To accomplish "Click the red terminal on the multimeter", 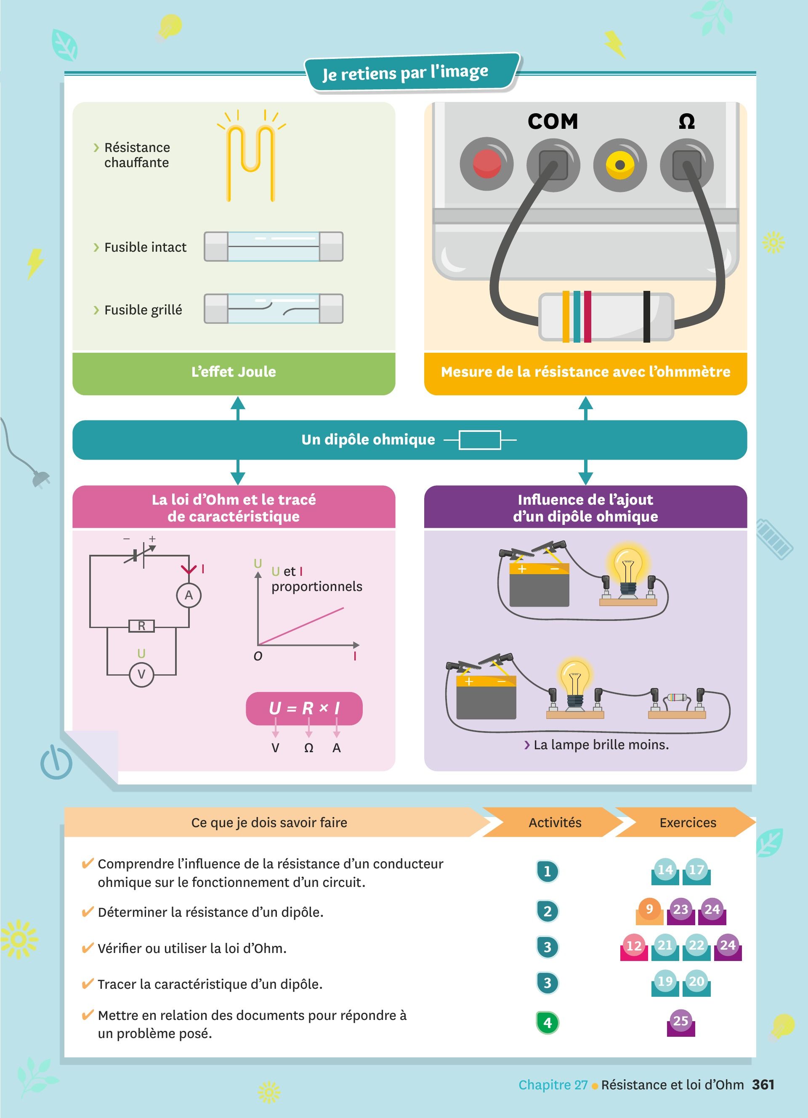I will (x=486, y=164).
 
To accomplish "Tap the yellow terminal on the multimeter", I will (x=620, y=165).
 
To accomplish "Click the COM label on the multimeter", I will (x=553, y=121).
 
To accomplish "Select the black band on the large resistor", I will (x=646, y=317).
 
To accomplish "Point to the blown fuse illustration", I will (x=274, y=309).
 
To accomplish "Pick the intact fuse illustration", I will (x=274, y=247).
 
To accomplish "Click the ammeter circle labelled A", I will (x=189, y=596).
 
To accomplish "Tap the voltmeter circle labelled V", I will (x=141, y=674).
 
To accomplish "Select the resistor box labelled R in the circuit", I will (x=141, y=626).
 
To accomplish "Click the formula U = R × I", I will (x=304, y=708).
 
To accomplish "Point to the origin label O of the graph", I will (x=258, y=656).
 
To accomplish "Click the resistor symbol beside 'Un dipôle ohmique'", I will (x=479, y=440).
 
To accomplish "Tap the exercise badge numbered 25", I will (x=680, y=1021).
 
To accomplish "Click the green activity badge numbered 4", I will (x=548, y=1023).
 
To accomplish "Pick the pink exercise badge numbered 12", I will (x=634, y=945).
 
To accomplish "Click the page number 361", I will (x=763, y=1084).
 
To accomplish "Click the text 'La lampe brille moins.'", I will (x=601, y=744).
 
